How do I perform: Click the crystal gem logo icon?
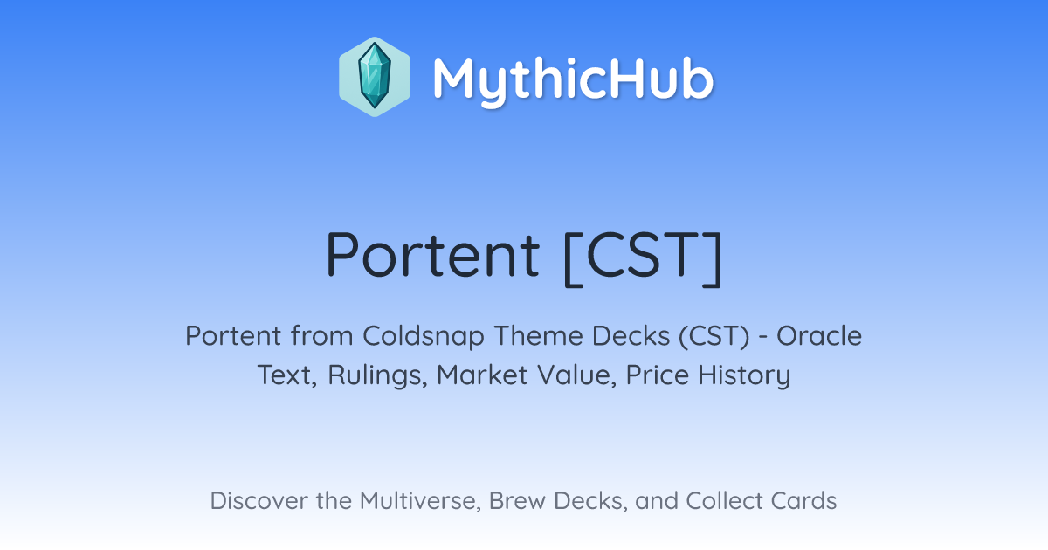375,77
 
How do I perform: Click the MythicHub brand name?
573,80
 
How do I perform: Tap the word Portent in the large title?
433,255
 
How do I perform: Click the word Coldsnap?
423,337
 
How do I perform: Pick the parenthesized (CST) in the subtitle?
714,337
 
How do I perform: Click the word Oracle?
819,336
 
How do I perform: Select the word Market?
482,375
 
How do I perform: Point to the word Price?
658,375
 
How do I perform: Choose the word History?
744,376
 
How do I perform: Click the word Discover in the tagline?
259,501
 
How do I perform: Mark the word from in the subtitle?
322,336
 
